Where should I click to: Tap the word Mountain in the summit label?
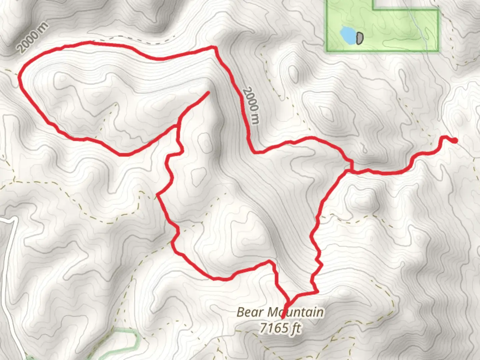(295, 312)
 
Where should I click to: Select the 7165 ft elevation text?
(280, 328)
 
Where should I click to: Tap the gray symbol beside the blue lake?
(359, 38)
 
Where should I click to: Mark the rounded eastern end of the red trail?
(454, 141)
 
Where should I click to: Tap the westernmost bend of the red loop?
(19, 77)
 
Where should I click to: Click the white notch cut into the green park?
(400, 4)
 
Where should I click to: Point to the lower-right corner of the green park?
(438, 51)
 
